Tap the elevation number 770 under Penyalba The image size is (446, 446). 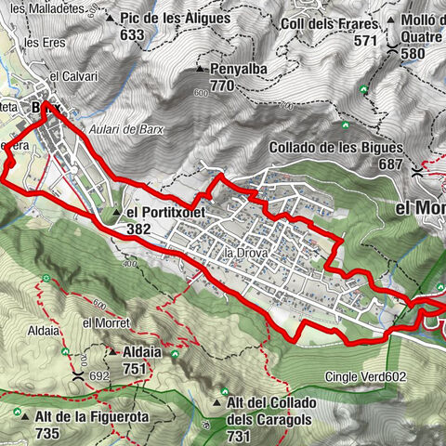222,85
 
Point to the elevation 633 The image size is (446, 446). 132,34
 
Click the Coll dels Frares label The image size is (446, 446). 317,23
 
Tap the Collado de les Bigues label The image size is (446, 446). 335,147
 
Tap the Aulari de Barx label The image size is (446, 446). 126,130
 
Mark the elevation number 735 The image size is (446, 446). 44,433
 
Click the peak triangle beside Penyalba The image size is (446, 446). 199,70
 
